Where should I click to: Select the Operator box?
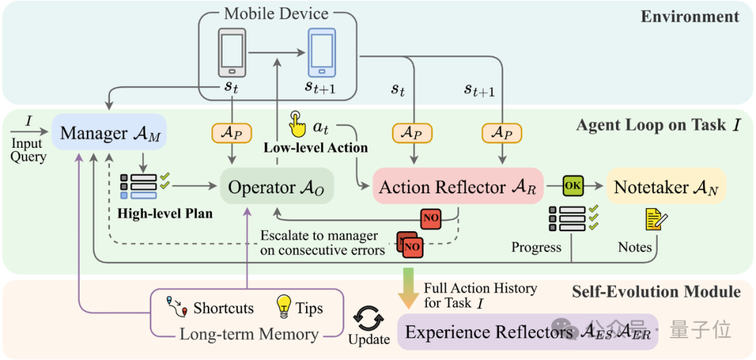point(276,188)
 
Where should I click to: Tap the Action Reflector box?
point(458,188)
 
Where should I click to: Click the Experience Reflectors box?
point(528,332)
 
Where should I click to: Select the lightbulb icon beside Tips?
point(284,307)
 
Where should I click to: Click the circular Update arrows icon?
point(369,319)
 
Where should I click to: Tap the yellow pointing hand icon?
point(297,125)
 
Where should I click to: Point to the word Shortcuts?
point(224,308)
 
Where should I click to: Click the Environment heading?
point(690,18)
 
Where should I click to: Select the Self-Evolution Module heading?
point(656,291)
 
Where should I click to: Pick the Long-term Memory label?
point(248,334)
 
